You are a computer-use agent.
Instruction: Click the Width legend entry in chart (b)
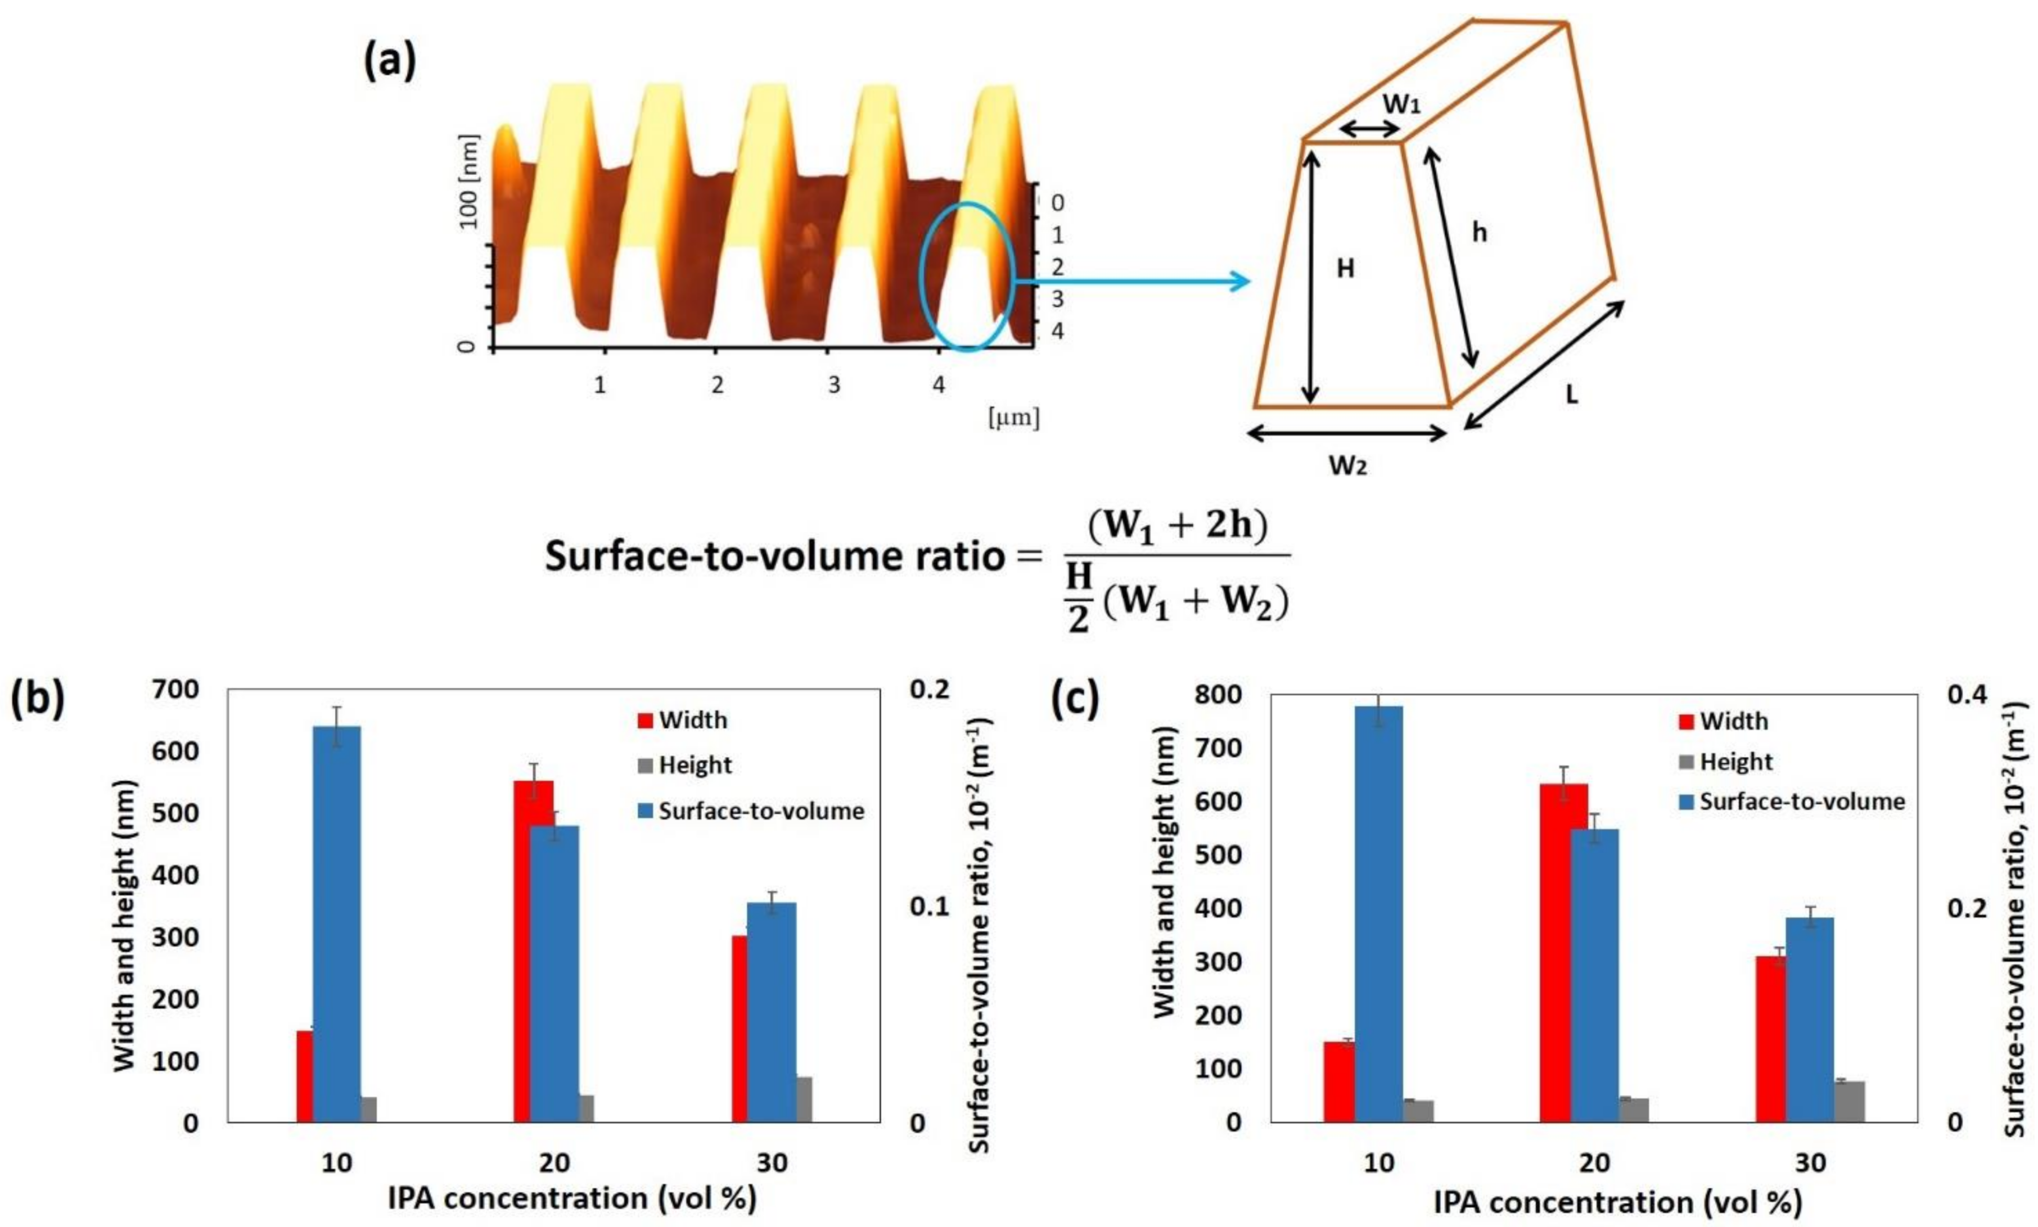(692, 720)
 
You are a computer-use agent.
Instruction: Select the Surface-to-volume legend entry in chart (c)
(1801, 801)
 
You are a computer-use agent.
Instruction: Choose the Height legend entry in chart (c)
(1735, 762)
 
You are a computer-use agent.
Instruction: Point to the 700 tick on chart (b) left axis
(175, 690)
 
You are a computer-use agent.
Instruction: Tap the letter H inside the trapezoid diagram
(1346, 269)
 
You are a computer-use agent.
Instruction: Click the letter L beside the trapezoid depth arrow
(1571, 395)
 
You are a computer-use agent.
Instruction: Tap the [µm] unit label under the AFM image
(1013, 418)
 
